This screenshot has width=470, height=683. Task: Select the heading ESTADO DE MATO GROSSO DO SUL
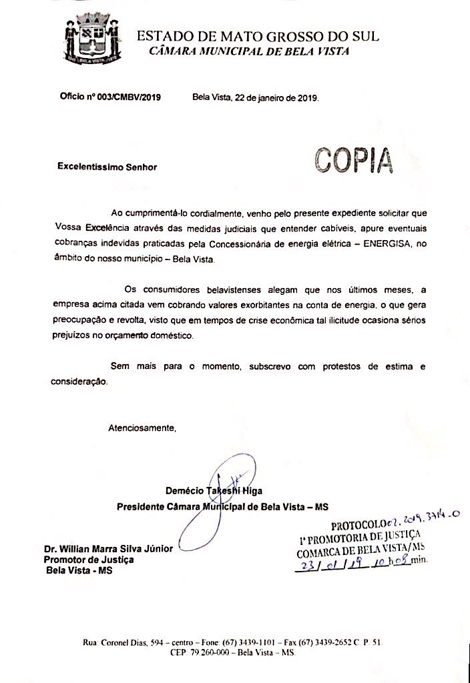pos(258,36)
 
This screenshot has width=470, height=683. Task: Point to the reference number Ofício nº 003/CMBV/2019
pos(110,97)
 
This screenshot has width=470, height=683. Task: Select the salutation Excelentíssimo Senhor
pos(107,167)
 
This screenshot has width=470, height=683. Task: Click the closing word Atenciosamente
pos(142,427)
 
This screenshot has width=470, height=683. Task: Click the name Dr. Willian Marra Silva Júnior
pos(108,548)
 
